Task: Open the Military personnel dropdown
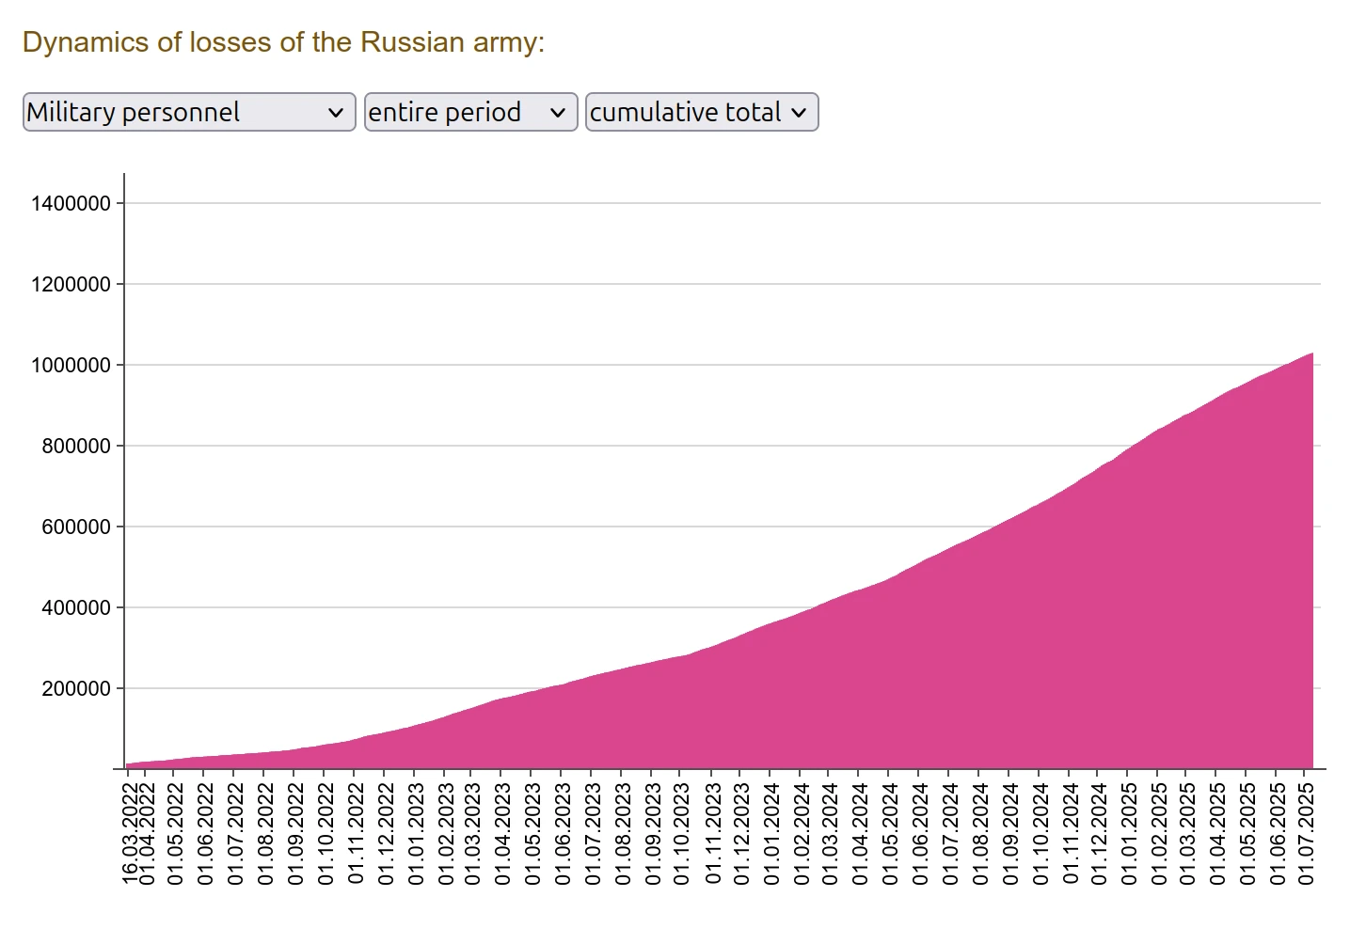[188, 112]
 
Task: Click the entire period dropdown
[469, 112]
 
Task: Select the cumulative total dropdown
[701, 112]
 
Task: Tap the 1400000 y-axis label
[71, 203]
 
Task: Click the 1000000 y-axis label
[71, 365]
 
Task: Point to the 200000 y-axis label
[76, 689]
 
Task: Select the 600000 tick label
[76, 527]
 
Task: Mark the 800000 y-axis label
[76, 447]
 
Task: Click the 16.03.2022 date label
[131, 833]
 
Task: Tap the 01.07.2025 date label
[1306, 833]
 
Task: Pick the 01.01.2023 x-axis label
[416, 833]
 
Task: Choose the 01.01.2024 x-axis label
[771, 833]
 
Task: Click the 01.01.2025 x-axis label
[1129, 833]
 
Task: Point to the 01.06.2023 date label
[563, 833]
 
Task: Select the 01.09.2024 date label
[1010, 833]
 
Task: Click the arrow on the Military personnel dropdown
[335, 113]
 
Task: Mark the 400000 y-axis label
[76, 608]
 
